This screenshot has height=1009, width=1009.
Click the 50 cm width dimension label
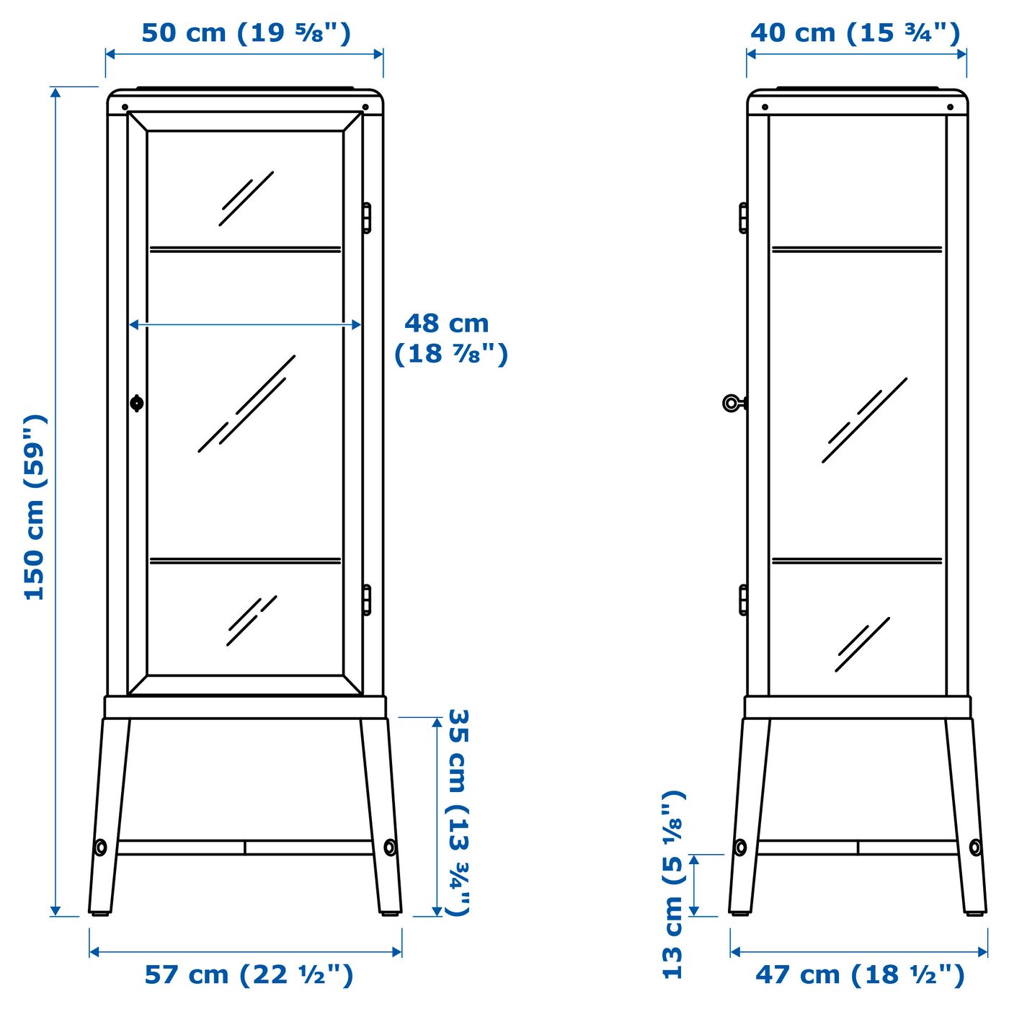(x=245, y=33)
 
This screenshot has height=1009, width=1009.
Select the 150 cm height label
(x=35, y=507)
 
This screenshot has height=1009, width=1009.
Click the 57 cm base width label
(x=249, y=975)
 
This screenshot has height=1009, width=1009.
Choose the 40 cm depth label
(x=855, y=33)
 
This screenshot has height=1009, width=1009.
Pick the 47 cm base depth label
(x=859, y=975)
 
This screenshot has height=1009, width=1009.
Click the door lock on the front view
(x=137, y=403)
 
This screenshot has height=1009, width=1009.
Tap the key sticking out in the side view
(x=732, y=403)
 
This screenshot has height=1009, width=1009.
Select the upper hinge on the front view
(x=366, y=218)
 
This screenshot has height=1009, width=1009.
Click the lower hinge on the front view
(x=366, y=600)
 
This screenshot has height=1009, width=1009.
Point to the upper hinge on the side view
(x=743, y=218)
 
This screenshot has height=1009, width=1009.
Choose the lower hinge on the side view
(x=743, y=600)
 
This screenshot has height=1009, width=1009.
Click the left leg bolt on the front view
(x=100, y=848)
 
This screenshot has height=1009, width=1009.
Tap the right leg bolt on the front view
(x=390, y=848)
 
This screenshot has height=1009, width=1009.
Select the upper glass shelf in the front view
(x=245, y=249)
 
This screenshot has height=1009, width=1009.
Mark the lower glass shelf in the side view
(x=857, y=560)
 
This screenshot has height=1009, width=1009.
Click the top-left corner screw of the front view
(x=125, y=107)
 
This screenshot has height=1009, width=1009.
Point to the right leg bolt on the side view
(x=975, y=848)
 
